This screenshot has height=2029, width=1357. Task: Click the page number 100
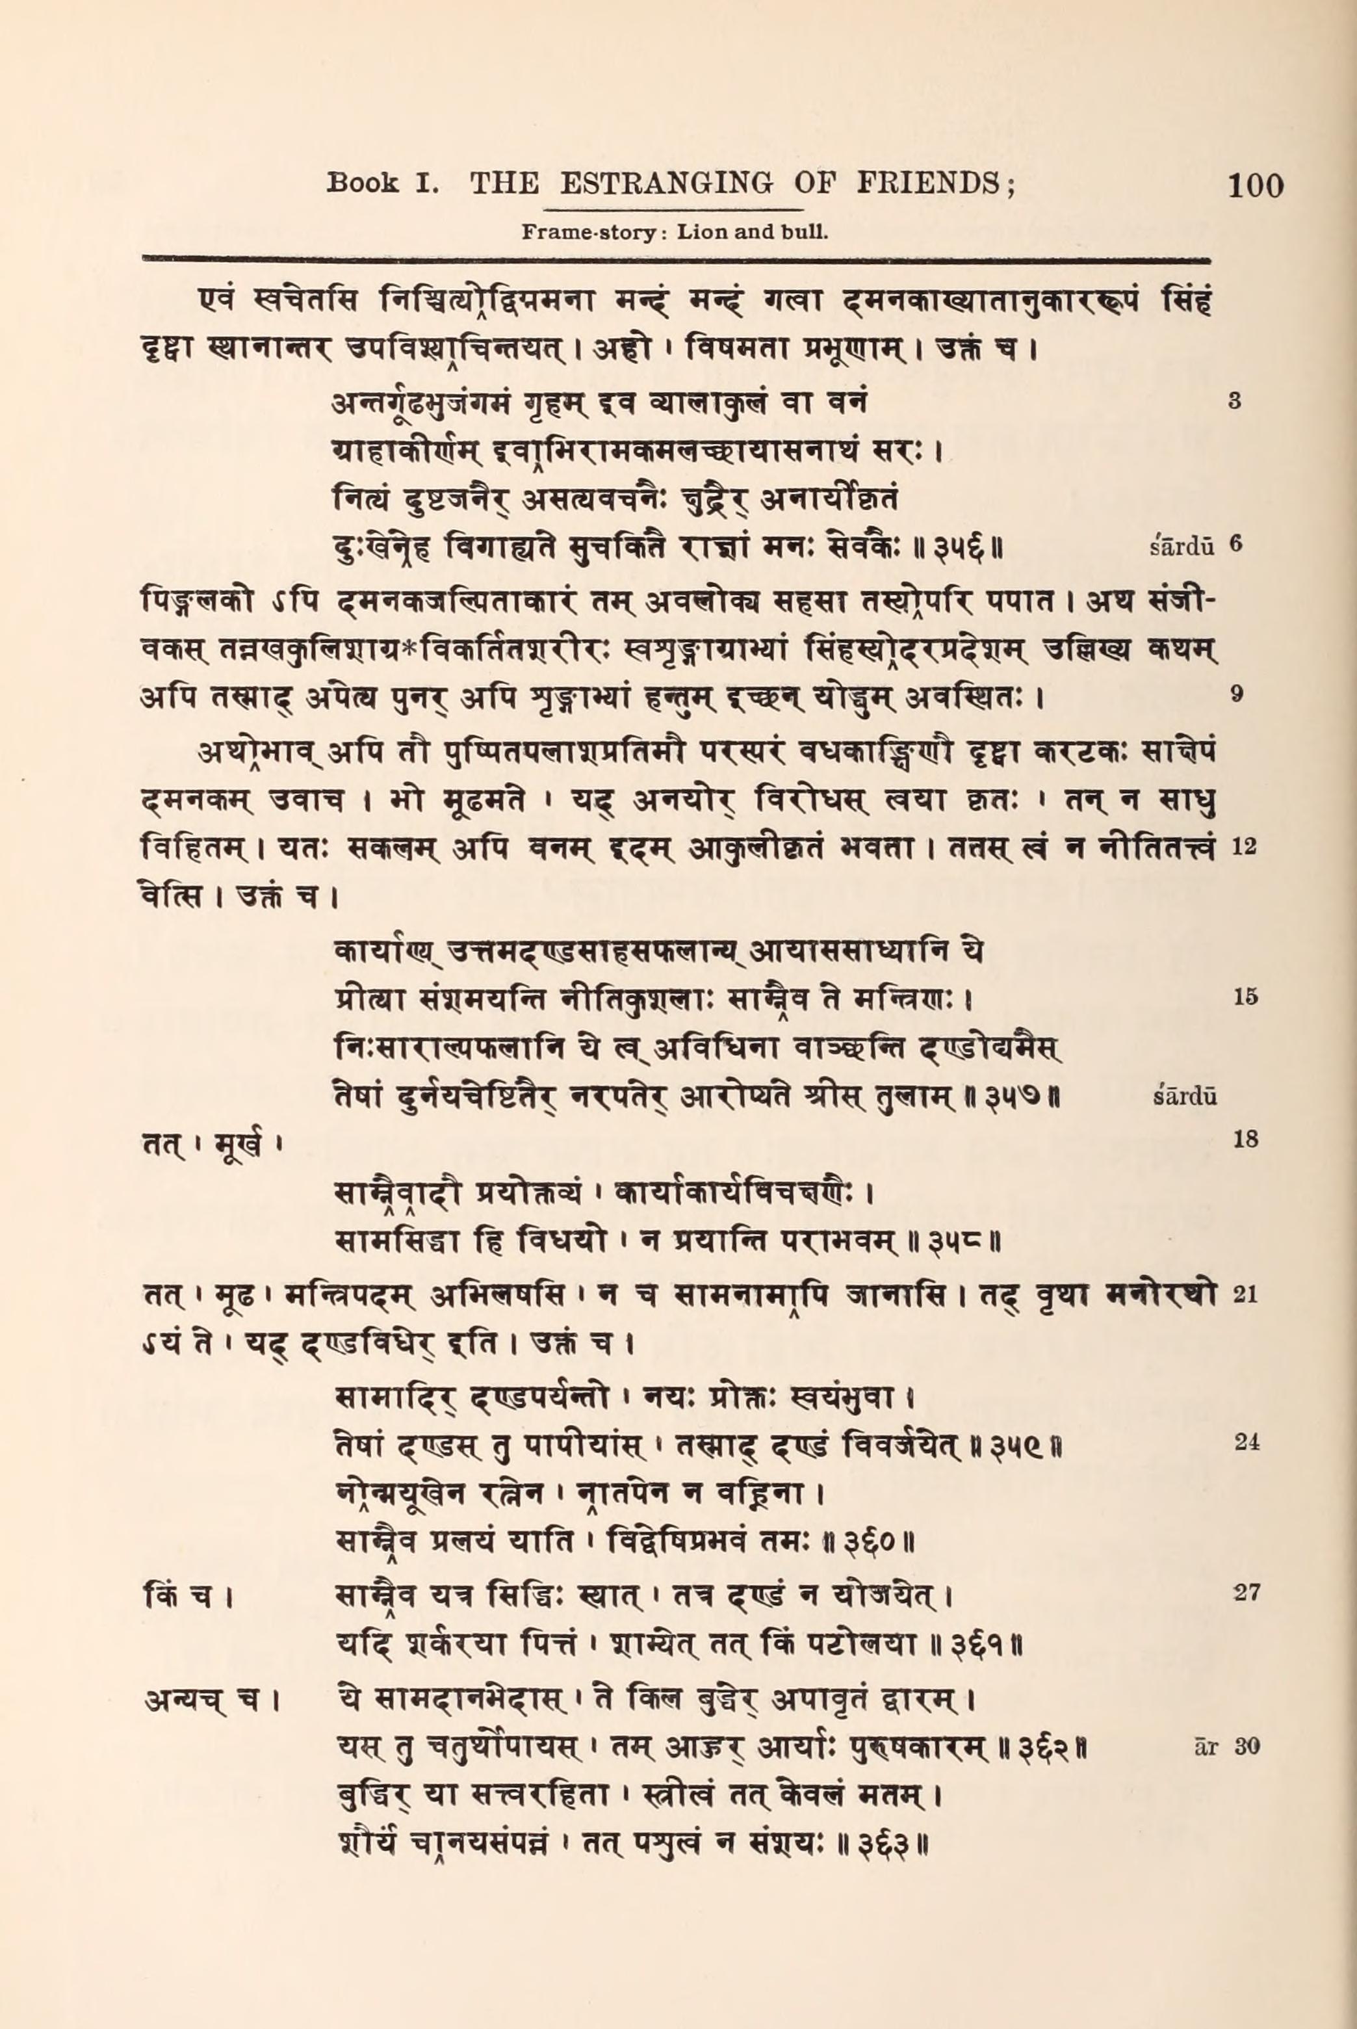(x=1255, y=185)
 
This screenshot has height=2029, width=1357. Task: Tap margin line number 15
(x=1245, y=997)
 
